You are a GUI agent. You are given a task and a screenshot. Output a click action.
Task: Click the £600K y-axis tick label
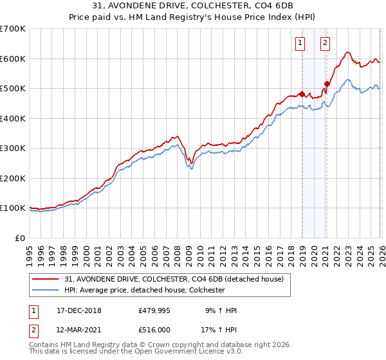14,59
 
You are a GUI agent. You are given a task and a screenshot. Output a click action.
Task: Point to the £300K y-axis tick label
14,148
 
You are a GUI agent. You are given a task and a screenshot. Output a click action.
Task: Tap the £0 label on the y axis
21,238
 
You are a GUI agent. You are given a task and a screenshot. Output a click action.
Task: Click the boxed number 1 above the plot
300,43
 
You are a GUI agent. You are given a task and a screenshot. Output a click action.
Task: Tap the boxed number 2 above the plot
325,43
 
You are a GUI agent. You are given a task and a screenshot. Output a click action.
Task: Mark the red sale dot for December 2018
302,94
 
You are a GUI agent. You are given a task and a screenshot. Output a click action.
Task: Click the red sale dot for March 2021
327,84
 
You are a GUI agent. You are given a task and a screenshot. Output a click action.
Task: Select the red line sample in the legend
46,278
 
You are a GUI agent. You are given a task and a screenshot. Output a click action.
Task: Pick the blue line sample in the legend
46,290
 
